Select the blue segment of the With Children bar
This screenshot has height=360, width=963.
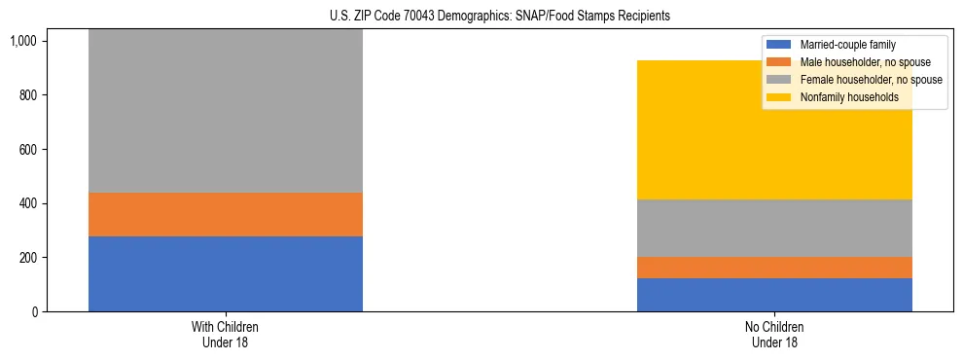click(x=225, y=273)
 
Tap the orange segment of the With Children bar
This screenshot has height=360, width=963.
click(x=225, y=214)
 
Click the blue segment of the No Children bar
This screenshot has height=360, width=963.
click(x=774, y=295)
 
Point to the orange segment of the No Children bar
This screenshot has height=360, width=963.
click(x=774, y=268)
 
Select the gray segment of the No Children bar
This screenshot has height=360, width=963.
click(x=774, y=228)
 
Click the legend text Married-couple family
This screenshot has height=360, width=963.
click(x=847, y=45)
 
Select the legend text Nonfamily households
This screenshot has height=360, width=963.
click(x=848, y=97)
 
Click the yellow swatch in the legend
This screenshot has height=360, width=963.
click(x=779, y=97)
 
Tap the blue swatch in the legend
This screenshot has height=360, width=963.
click(x=779, y=45)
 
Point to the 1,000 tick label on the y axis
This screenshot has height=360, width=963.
click(x=22, y=41)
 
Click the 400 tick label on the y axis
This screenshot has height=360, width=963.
click(x=27, y=203)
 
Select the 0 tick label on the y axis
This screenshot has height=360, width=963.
click(x=33, y=312)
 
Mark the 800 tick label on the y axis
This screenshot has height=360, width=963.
click(x=27, y=95)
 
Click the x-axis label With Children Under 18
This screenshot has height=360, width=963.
click(x=225, y=335)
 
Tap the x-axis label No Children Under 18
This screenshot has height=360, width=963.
click(x=774, y=335)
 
